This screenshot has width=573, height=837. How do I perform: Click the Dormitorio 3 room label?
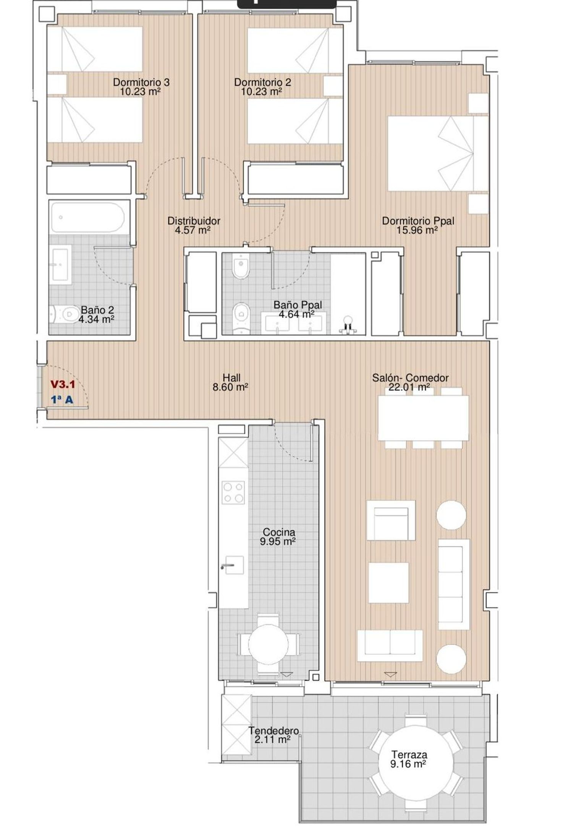click(x=141, y=82)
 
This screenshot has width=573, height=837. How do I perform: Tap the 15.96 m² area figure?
click(x=417, y=230)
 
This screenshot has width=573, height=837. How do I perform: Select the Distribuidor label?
click(x=194, y=221)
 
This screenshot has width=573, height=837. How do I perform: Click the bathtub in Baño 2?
click(x=88, y=217)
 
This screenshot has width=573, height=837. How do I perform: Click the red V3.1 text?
click(x=63, y=384)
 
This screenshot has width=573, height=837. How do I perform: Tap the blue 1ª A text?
click(x=62, y=400)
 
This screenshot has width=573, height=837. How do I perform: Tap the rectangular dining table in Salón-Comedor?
click(x=423, y=418)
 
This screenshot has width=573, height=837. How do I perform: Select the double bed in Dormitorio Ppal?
click(x=438, y=154)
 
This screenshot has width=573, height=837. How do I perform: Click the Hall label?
click(x=231, y=378)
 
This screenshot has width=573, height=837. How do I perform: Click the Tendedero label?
click(x=274, y=730)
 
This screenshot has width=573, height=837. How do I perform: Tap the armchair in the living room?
click(x=391, y=520)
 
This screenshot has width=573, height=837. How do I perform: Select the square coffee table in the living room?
click(x=388, y=583)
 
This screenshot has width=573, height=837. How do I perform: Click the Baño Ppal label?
click(x=298, y=305)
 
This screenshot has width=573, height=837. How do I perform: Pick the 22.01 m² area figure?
click(x=409, y=387)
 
